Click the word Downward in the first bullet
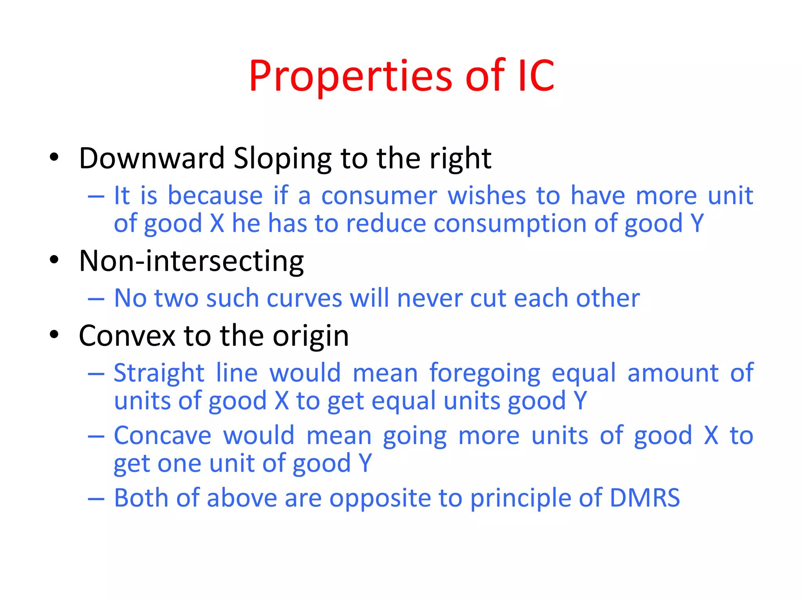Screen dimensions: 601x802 point(152,158)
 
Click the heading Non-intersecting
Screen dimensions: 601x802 point(191,261)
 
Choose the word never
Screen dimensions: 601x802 point(429,299)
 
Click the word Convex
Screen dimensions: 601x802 point(127,336)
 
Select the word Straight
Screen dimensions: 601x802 point(159,373)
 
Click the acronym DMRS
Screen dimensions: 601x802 point(645,498)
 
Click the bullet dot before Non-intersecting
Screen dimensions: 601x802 point(54,260)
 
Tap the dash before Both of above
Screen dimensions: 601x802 point(96,499)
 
